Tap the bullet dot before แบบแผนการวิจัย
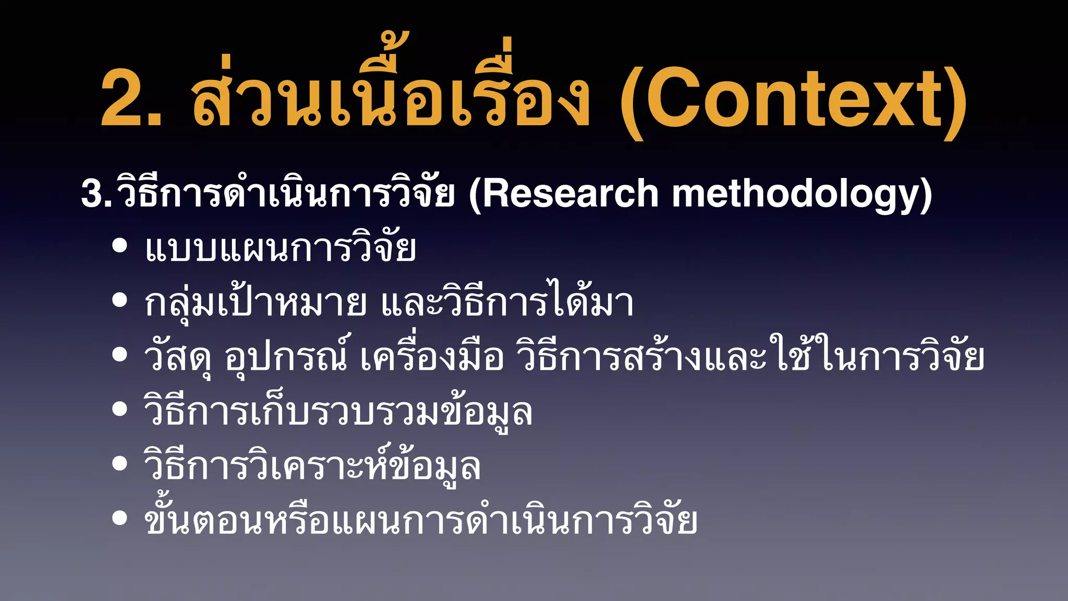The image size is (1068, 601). pos(120,245)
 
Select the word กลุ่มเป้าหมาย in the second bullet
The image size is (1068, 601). pos(256,303)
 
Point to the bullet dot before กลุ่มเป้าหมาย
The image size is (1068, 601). pos(120,300)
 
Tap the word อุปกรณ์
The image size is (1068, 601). pos(286,357)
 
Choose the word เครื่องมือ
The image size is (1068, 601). pos(432,357)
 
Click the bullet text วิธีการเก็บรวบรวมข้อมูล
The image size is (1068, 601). pos(338,412)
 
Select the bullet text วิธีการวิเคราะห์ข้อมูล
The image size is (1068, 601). pos(312,466)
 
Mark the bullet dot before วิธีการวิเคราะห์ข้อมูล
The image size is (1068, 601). pos(120,463)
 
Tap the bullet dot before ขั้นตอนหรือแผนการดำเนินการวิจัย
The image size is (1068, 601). pos(120,518)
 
